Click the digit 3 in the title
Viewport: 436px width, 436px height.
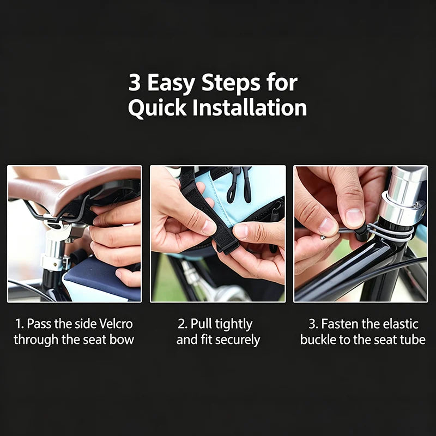[134, 83]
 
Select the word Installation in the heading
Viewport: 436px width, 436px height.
[250, 107]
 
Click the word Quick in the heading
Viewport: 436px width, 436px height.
[157, 108]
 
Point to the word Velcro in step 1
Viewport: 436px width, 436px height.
[116, 324]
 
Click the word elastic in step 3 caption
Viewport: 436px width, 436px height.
[401, 324]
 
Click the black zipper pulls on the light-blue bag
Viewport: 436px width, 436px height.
[239, 184]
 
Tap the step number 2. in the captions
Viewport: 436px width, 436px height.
[183, 324]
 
